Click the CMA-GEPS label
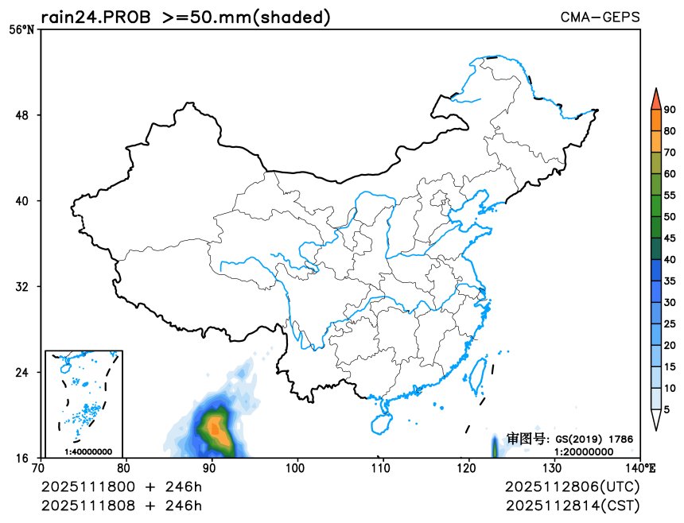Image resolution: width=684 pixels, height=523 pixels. point(600,17)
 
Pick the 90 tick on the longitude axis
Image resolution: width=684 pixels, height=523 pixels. point(210,467)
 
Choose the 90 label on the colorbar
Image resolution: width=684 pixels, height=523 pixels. point(670,110)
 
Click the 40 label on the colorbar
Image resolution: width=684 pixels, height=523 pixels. point(670,260)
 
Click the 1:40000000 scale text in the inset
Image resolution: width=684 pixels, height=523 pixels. point(83,451)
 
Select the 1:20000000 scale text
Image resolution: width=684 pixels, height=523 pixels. point(584,451)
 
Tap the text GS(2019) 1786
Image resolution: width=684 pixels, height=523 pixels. point(593,439)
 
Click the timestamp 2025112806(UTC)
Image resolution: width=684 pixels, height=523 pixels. point(572,487)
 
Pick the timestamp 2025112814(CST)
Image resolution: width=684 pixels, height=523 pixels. point(572,506)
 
